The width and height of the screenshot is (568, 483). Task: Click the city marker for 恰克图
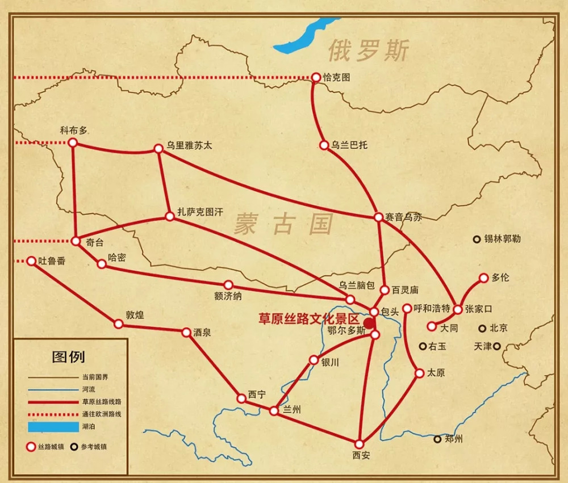[x=316, y=77]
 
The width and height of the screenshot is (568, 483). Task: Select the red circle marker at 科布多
[x=73, y=142]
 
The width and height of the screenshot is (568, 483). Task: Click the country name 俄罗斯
[x=368, y=51]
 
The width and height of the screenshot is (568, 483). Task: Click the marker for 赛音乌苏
[x=379, y=217]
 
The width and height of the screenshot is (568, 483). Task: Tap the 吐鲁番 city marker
[x=31, y=261]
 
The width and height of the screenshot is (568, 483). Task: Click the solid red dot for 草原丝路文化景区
[x=369, y=324]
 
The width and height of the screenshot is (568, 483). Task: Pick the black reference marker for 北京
[x=482, y=328]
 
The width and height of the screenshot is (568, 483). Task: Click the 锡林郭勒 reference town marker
[x=477, y=239]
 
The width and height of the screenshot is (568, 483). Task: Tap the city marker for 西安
[x=359, y=444]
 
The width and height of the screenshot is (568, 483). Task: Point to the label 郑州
[x=454, y=439]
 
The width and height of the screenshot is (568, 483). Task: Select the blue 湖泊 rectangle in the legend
[x=51, y=426]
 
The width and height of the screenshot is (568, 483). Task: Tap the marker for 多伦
[x=483, y=278]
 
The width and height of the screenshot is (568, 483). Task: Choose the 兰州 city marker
[x=274, y=410]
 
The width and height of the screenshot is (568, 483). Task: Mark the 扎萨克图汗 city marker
[x=169, y=216]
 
